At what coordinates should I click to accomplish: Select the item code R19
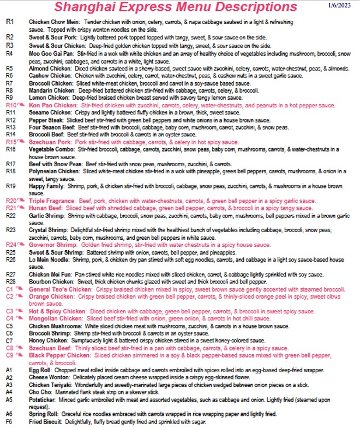click(9, 186)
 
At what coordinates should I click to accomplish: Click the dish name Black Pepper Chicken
click(59, 355)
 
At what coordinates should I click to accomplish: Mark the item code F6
click(9, 422)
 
